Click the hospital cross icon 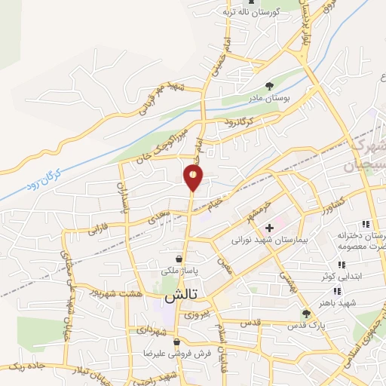click(269, 227)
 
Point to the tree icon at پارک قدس click(305, 314)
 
